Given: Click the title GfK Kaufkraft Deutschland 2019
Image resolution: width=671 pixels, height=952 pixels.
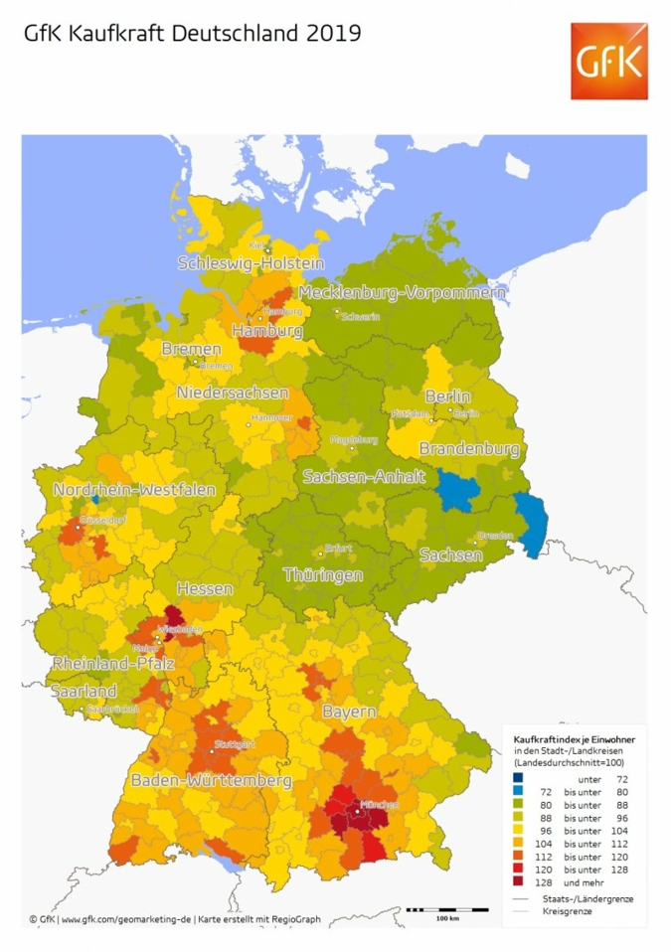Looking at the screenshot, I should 192,34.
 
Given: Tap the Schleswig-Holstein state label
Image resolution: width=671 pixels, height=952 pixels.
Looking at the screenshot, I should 251,263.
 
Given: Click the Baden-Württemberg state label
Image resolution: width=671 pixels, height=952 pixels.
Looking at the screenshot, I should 211,780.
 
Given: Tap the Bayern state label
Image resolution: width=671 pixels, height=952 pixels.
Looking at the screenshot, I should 348,713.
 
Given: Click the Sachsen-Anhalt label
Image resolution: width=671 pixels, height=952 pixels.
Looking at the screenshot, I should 365,475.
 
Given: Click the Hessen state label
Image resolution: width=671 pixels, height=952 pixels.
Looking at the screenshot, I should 205,589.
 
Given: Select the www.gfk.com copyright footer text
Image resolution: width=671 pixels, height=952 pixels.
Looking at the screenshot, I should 174,919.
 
